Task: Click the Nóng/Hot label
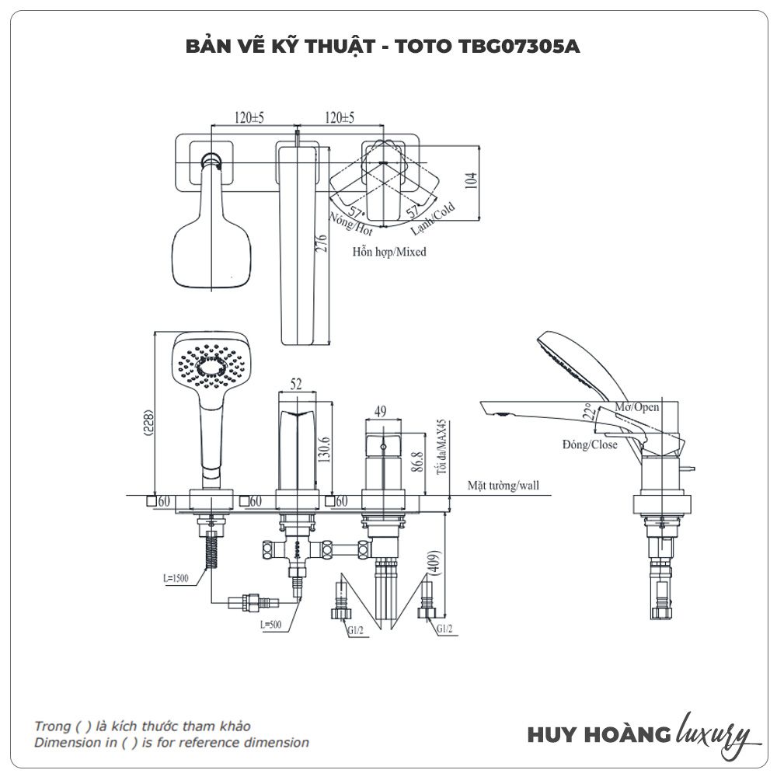[351, 224]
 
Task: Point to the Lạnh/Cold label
[433, 220]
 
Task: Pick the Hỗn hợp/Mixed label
[388, 252]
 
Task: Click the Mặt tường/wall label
[503, 486]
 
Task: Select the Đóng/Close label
[591, 444]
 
